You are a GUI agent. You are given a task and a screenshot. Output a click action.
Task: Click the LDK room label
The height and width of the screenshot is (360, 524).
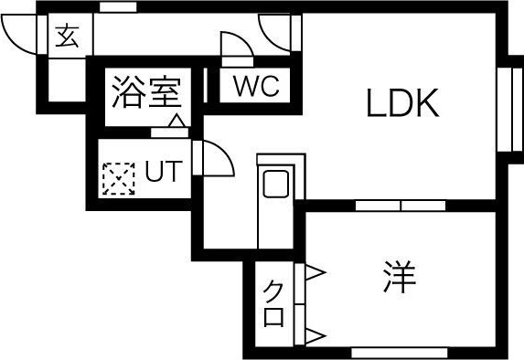(403, 103)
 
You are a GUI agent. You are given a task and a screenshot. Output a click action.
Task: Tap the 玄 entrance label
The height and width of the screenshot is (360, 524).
(66, 37)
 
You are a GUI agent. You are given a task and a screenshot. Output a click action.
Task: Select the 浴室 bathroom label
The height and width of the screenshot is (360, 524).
(145, 92)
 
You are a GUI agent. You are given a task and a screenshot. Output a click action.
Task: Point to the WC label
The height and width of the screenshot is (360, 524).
(255, 88)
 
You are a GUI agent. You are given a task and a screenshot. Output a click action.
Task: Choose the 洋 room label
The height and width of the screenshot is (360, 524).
(400, 277)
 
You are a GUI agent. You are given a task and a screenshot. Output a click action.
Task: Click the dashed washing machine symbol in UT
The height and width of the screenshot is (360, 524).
(117, 178)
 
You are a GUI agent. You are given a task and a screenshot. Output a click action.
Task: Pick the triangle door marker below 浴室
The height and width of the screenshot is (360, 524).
(177, 121)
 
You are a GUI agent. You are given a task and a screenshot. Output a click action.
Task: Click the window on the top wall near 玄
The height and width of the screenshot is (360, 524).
(118, 8)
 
